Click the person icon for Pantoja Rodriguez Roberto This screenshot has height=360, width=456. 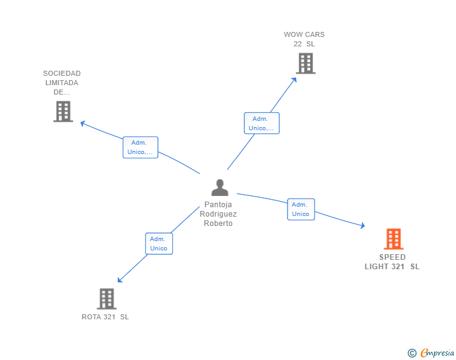220,188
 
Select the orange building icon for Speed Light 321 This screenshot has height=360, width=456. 393,239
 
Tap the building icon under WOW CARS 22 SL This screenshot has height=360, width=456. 305,63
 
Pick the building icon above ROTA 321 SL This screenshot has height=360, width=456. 106,299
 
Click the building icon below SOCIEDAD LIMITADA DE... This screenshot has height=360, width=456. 63,111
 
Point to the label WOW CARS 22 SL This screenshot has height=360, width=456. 304,39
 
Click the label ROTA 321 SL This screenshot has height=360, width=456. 105,317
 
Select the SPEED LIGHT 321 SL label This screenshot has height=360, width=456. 392,262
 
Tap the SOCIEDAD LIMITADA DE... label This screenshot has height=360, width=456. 62,83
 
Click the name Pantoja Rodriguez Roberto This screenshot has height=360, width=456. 218,214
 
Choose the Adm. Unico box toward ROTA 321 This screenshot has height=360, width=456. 158,244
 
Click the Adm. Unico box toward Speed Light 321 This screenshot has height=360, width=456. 301,209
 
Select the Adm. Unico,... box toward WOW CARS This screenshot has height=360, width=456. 261,123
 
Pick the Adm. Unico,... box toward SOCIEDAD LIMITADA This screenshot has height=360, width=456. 140,147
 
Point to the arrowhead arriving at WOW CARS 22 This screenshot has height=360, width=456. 295,79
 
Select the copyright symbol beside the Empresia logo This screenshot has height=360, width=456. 412,353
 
